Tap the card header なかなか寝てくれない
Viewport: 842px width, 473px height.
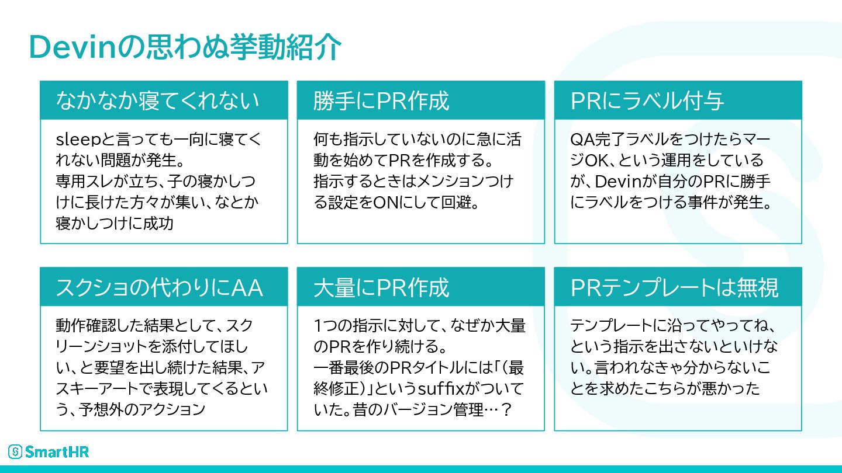point(157,101)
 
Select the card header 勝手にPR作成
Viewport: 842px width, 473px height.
point(381,101)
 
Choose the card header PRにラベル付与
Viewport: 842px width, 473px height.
point(647,101)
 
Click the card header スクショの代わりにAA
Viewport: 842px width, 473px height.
point(159,288)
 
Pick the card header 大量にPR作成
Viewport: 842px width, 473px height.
point(381,288)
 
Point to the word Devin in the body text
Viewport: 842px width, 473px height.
point(611,181)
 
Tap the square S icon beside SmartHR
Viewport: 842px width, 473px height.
point(15,451)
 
